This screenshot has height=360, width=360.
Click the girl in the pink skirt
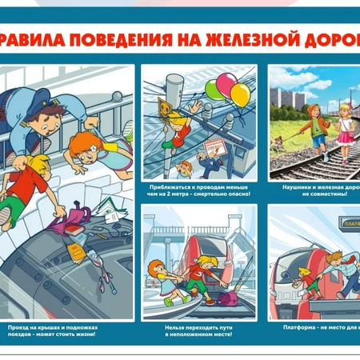pyautogui.click(x=345, y=128)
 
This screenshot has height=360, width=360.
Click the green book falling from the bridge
pyautogui.click(x=109, y=216)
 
